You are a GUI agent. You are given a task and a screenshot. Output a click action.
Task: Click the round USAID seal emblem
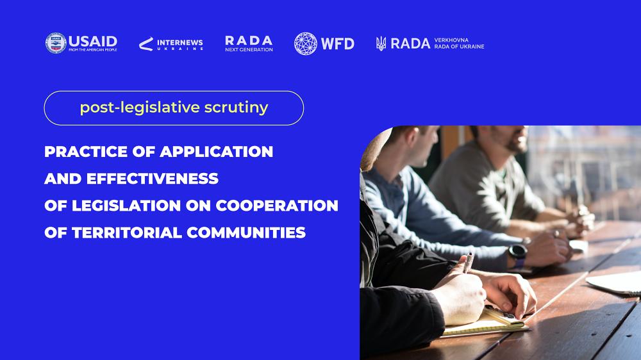point(56,43)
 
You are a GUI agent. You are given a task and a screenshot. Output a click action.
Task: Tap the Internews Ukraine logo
point(171,44)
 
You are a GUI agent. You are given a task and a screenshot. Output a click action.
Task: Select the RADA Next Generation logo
point(249,44)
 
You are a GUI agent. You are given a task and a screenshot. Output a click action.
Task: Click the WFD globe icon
point(305,44)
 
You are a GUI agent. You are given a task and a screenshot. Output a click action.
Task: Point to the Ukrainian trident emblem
point(381,44)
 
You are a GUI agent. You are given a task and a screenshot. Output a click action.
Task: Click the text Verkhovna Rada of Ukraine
point(459,44)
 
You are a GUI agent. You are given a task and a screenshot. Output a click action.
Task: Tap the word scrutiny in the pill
point(237,108)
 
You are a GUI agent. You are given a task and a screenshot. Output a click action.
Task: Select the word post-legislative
point(140,108)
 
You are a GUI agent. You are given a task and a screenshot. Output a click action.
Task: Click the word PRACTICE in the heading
point(86,152)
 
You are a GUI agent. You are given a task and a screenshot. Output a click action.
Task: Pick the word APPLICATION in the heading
point(216,152)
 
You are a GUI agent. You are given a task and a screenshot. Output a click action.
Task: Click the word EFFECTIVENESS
point(153,179)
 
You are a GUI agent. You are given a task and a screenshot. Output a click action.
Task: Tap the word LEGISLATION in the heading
point(126,206)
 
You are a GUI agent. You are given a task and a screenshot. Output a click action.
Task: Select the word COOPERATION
point(277,206)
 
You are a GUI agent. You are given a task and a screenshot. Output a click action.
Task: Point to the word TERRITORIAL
point(127,233)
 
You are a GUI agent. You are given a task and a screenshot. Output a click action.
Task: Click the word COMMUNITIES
point(246,233)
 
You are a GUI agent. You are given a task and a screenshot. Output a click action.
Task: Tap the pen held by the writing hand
point(469,262)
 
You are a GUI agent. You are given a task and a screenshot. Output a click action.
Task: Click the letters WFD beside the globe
point(338,44)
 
